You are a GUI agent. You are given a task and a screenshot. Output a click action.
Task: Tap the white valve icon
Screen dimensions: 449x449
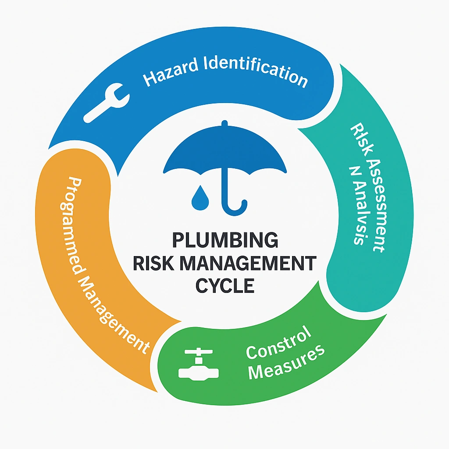(198, 363)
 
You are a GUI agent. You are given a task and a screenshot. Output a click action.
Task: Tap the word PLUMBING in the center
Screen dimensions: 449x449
(224, 241)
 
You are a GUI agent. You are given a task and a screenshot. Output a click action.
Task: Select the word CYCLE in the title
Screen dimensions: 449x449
(224, 285)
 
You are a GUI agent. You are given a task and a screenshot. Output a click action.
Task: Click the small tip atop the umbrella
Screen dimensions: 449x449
(224, 125)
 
